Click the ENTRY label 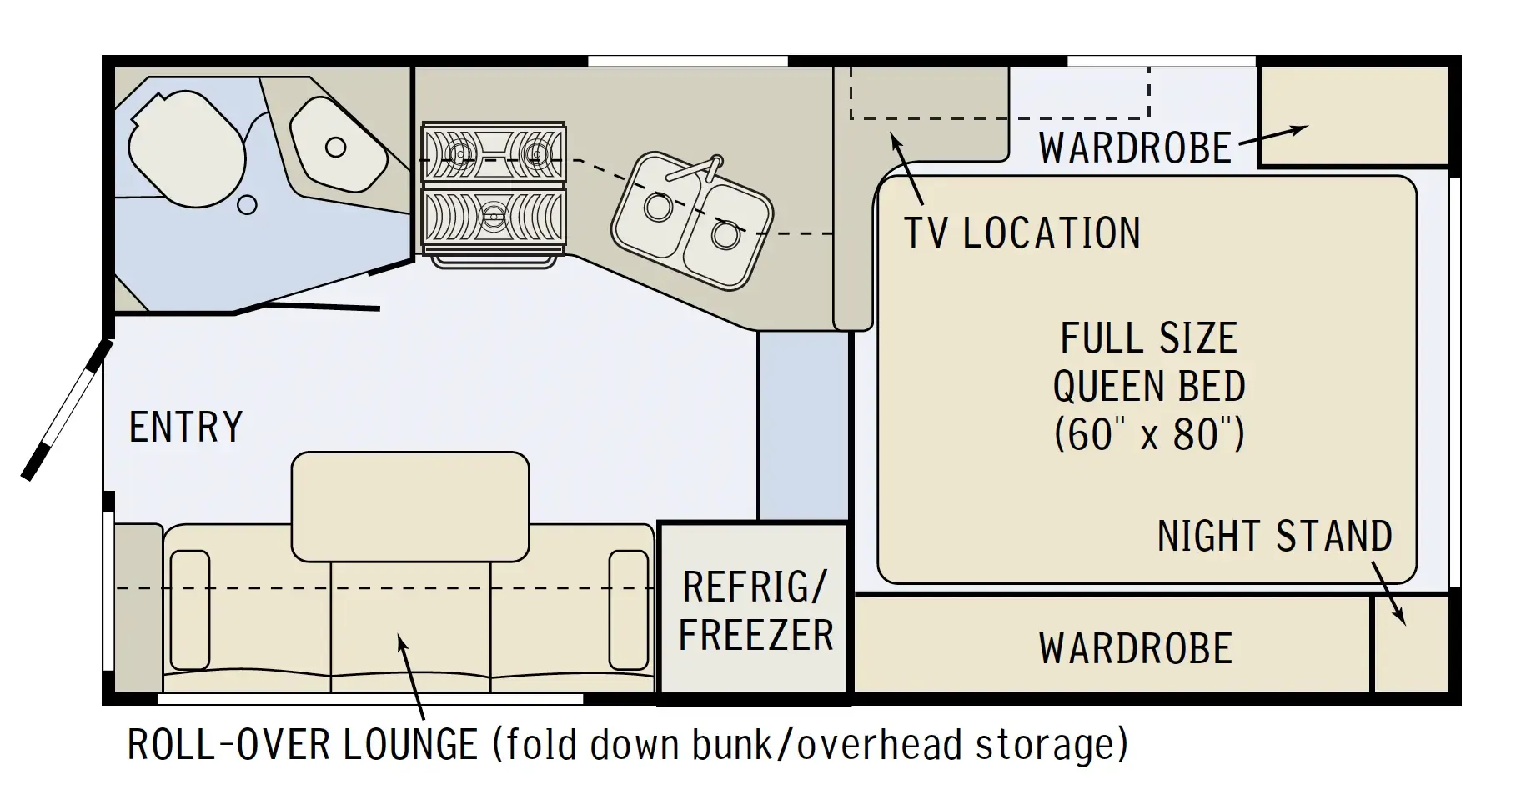tap(186, 427)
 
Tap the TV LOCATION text tap(1023, 232)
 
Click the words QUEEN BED tap(1149, 387)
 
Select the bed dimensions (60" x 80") tap(1149, 434)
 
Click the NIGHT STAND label tap(1275, 536)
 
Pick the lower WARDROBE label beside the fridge tap(1136, 648)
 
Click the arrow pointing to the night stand tap(1388, 592)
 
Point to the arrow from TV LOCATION tap(907, 168)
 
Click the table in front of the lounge tap(410, 507)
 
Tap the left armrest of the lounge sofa tap(189, 610)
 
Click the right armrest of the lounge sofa tap(629, 610)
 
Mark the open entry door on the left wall tap(65, 410)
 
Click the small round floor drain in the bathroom tap(247, 204)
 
